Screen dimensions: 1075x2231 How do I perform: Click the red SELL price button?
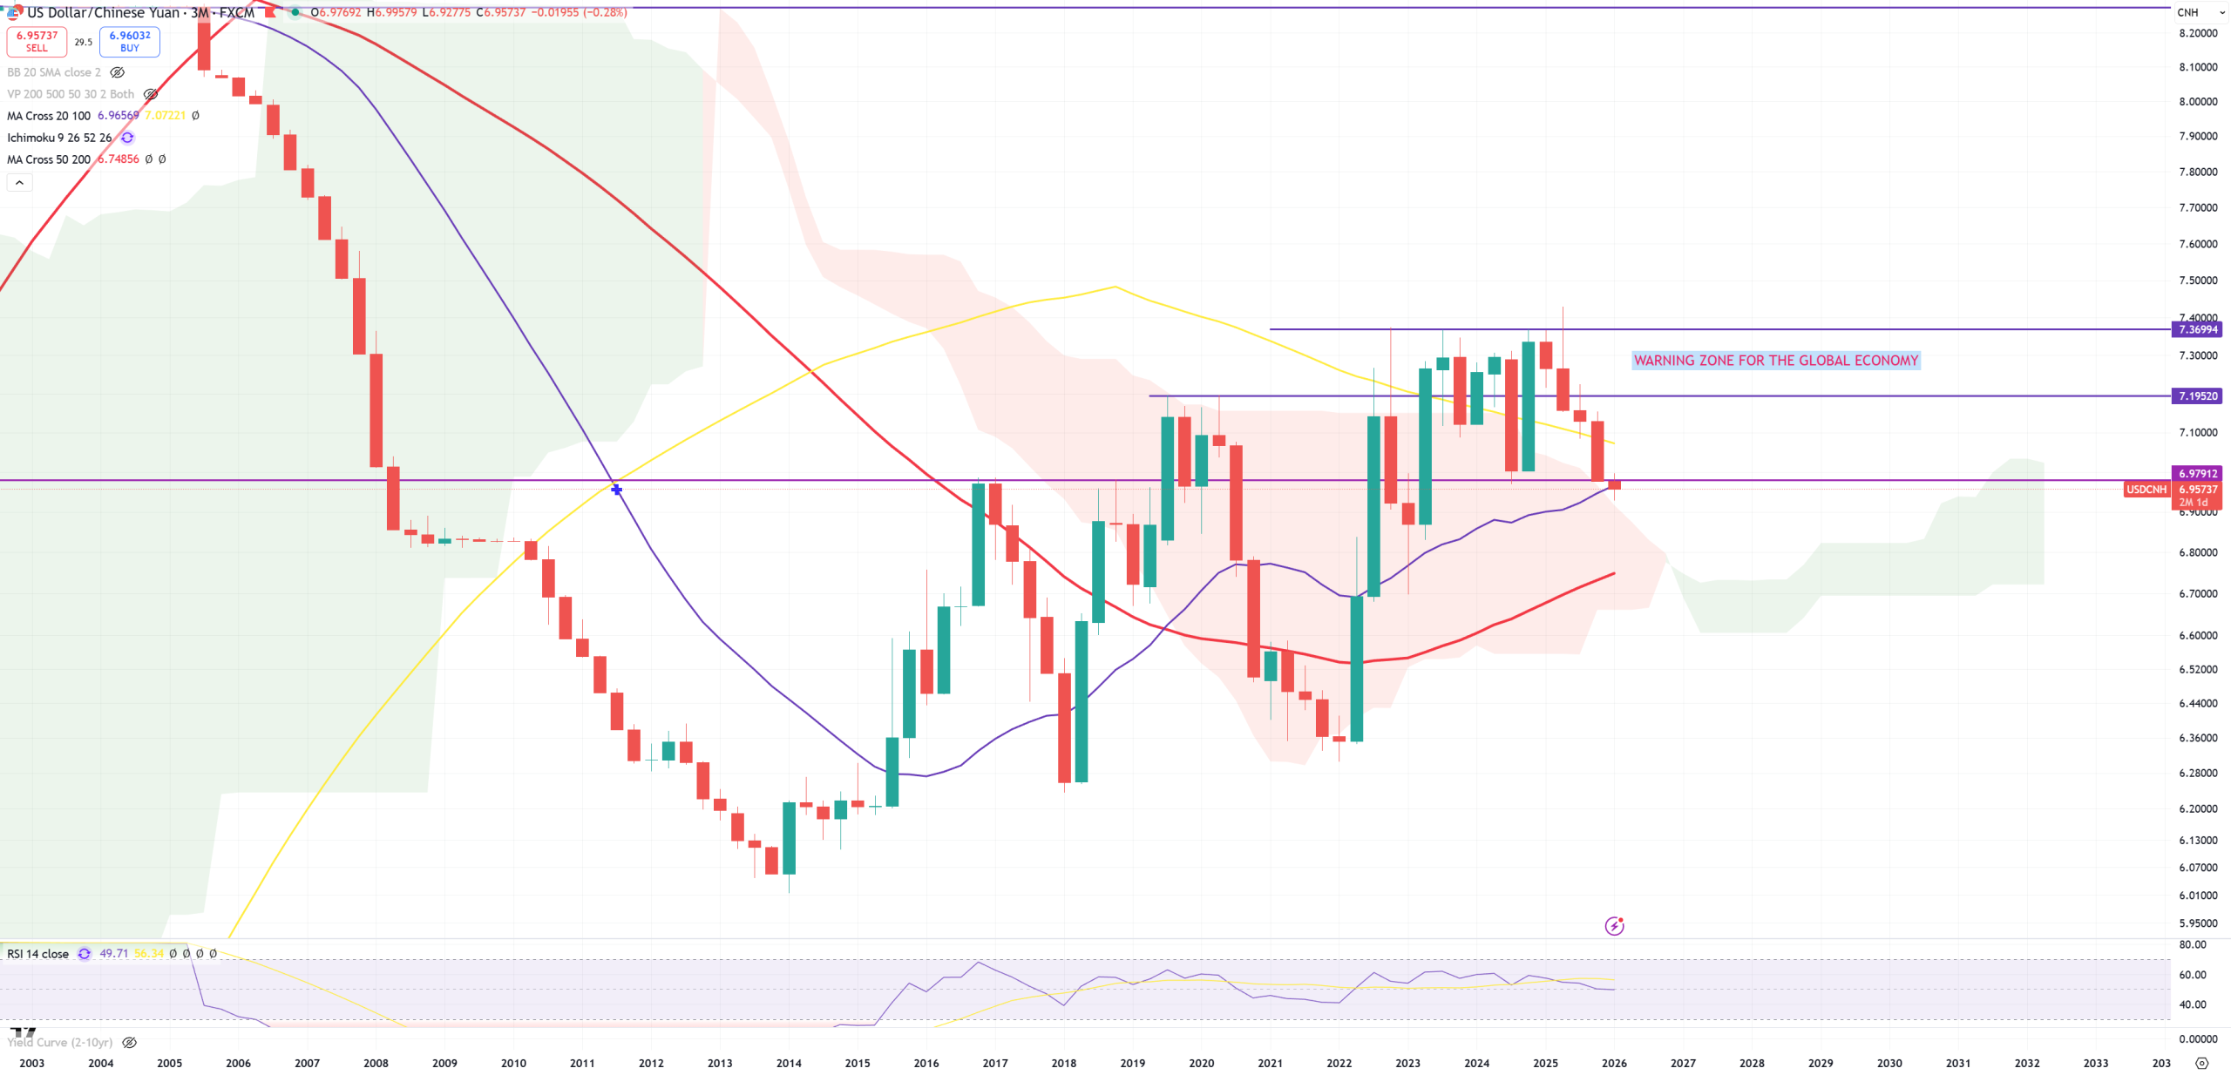point(37,41)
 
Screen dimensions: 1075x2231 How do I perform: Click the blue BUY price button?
point(129,41)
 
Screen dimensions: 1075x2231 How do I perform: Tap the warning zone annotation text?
point(1775,361)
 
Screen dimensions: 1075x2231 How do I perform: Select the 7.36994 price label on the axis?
point(2197,329)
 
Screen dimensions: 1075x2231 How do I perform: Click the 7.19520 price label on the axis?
point(2197,396)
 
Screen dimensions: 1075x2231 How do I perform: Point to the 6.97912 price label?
point(2197,474)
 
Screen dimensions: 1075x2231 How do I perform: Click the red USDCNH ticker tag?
point(2146,490)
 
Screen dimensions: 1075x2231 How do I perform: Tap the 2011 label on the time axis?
point(582,1063)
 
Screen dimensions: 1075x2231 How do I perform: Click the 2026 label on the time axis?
point(1614,1063)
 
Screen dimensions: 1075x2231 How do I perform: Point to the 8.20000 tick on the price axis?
point(2198,33)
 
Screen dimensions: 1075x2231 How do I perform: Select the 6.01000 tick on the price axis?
point(2198,896)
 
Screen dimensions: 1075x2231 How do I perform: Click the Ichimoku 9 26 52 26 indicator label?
point(59,138)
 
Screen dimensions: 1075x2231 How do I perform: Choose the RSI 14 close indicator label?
point(37,954)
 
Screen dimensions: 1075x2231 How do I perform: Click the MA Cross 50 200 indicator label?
point(49,159)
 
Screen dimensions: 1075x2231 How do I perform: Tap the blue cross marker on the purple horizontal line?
point(616,490)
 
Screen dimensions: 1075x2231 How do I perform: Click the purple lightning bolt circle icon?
point(1614,926)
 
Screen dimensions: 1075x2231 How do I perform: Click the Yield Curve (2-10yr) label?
point(60,1043)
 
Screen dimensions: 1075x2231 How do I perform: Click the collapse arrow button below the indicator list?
point(19,182)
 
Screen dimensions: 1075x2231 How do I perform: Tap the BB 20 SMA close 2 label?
point(54,72)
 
